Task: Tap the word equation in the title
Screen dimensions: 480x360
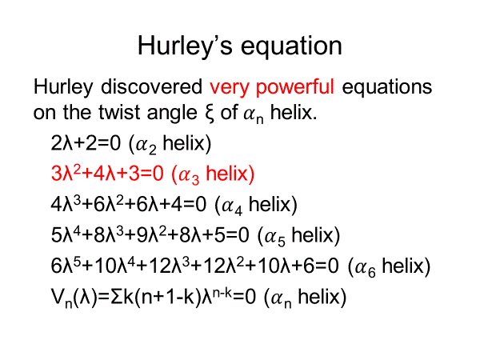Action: (291, 46)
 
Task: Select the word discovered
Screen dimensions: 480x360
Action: (151, 86)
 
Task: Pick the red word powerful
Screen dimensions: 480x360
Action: (294, 87)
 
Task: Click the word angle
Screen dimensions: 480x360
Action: (172, 114)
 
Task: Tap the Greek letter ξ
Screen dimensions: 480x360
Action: (210, 114)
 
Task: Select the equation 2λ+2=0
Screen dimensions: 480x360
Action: (86, 143)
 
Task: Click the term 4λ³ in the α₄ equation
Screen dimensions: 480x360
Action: (66, 204)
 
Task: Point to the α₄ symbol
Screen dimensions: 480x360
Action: (232, 206)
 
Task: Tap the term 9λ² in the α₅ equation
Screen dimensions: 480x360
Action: (152, 234)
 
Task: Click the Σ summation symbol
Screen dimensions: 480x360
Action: (117, 296)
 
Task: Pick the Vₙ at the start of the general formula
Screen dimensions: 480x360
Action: (62, 298)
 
